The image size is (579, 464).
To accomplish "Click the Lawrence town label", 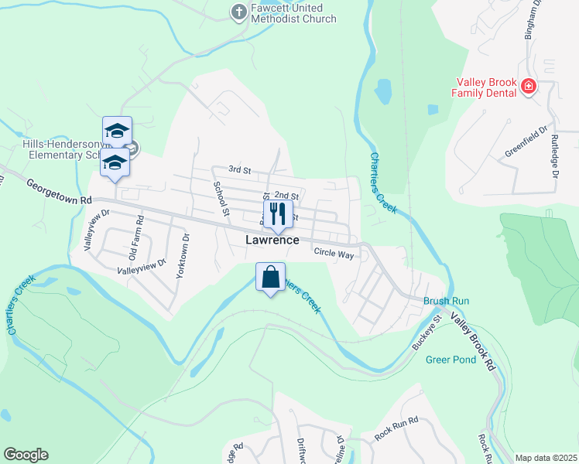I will tap(272, 240).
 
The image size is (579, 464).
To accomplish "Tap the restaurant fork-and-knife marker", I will tap(278, 213).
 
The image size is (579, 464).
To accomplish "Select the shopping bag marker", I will tap(271, 278).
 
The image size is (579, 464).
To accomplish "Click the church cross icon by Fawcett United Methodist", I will tap(238, 12).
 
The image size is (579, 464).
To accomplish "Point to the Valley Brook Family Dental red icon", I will tap(529, 86).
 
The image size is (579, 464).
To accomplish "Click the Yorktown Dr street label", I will tap(183, 258).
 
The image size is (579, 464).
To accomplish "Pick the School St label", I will tap(221, 198).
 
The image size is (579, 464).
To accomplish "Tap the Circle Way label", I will tap(334, 252).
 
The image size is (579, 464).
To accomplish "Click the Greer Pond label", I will tap(448, 359).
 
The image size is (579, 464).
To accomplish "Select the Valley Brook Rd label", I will tap(473, 343).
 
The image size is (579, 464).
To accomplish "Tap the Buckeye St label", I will tap(427, 332).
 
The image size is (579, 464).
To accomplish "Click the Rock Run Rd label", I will tap(396, 428).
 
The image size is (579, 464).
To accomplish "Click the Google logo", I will tap(26, 455).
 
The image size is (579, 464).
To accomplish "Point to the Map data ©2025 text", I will tap(546, 458).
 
